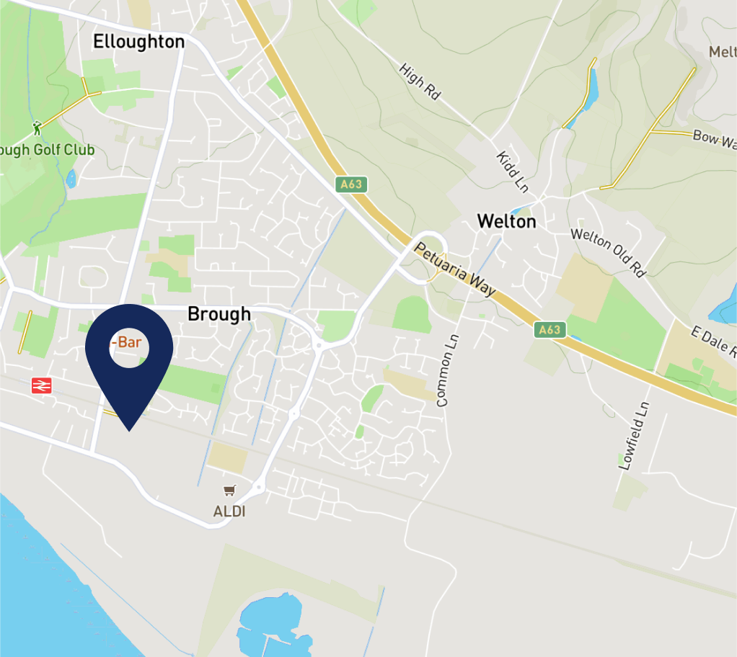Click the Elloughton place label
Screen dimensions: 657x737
138,42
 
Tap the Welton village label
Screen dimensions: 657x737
506,221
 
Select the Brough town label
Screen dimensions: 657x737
219,314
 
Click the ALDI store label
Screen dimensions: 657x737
229,512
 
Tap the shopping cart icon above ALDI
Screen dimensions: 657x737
229,491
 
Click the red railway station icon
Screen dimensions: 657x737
42,386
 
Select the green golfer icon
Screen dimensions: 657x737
37,128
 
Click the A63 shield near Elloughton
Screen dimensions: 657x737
351,184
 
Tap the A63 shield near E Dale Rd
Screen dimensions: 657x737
549,330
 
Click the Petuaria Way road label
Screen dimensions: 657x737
455,269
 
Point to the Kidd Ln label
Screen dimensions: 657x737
512,171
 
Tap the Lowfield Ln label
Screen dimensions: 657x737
635,436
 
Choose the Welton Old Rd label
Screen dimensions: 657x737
607,252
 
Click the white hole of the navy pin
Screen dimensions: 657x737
130,346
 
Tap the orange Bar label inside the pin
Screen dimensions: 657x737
126,342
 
